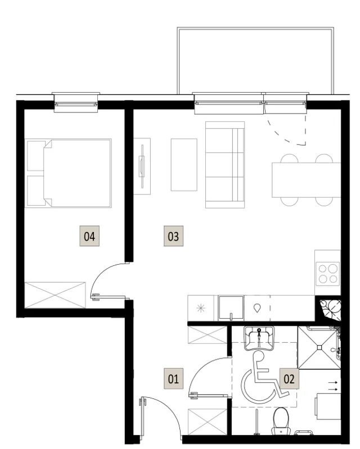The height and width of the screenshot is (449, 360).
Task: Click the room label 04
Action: (89, 236)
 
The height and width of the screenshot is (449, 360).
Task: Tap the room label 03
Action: (173, 236)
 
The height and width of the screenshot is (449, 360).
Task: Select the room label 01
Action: (173, 379)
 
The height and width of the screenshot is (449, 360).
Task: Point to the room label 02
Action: (289, 379)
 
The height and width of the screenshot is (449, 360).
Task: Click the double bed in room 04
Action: (68, 173)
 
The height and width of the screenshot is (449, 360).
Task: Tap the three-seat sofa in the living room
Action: (225, 165)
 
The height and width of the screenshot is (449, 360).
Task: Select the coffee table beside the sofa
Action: (184, 165)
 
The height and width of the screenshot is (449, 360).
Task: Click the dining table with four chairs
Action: (306, 180)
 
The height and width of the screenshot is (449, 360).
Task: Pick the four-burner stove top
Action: (328, 274)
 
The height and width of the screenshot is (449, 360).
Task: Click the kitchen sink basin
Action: (231, 308)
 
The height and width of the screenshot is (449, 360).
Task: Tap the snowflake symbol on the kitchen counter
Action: (201, 308)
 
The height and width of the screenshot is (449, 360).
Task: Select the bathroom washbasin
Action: (259, 338)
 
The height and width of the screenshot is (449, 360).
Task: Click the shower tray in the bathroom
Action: (319, 348)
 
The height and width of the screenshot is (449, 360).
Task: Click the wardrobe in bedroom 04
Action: (55, 295)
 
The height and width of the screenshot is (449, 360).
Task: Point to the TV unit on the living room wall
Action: (142, 166)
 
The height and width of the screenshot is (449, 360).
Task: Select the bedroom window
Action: (76, 102)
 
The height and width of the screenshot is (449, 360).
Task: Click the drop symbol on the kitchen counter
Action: (257, 308)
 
